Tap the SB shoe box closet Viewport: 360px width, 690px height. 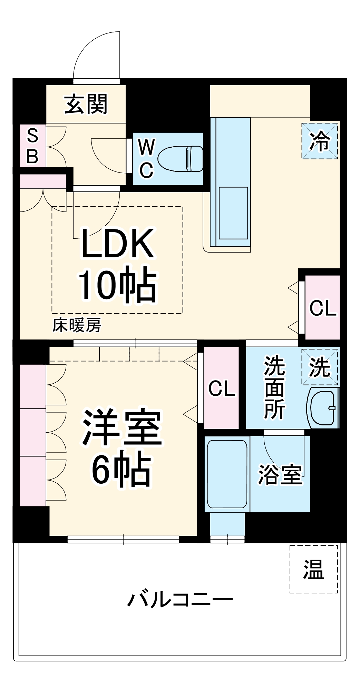pos(32,146)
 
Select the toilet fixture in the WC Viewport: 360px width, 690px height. pos(181,159)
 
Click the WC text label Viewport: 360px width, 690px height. pos(146,158)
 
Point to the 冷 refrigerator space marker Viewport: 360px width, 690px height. pos(320,141)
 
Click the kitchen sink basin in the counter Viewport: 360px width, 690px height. pos(233,213)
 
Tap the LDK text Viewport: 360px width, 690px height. pos(117,244)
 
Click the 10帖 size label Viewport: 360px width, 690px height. pos(117,285)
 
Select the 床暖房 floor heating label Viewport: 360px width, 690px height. pos(77,325)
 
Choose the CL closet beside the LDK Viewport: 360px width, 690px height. pos(322,307)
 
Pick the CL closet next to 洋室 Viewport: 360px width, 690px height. pos(222,388)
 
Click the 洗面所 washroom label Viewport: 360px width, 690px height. pos(274,387)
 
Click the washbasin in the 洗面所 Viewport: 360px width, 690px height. pos(323,408)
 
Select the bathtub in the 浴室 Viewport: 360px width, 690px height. pos(227,473)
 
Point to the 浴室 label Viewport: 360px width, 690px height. pos(280,475)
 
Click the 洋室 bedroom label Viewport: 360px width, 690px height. pos(121,428)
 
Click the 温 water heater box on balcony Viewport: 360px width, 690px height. pos(313,569)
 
